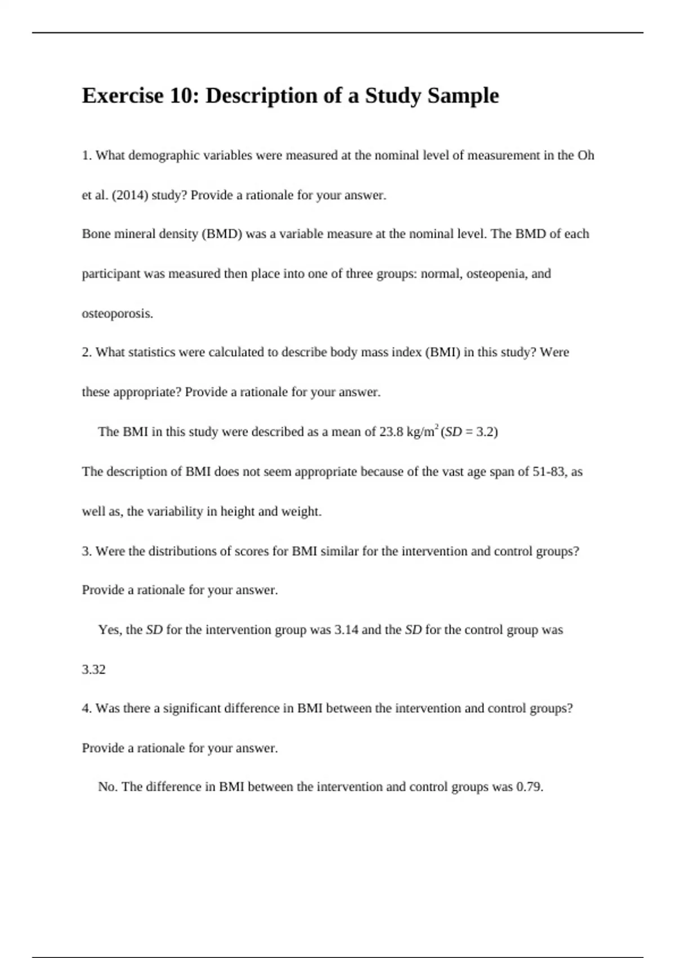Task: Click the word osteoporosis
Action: coord(117,314)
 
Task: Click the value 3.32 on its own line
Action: coord(94,670)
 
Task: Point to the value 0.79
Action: coord(529,787)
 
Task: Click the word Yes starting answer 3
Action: coord(109,630)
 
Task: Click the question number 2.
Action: coord(86,353)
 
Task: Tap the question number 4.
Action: coord(86,709)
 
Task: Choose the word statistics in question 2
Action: coord(152,353)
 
